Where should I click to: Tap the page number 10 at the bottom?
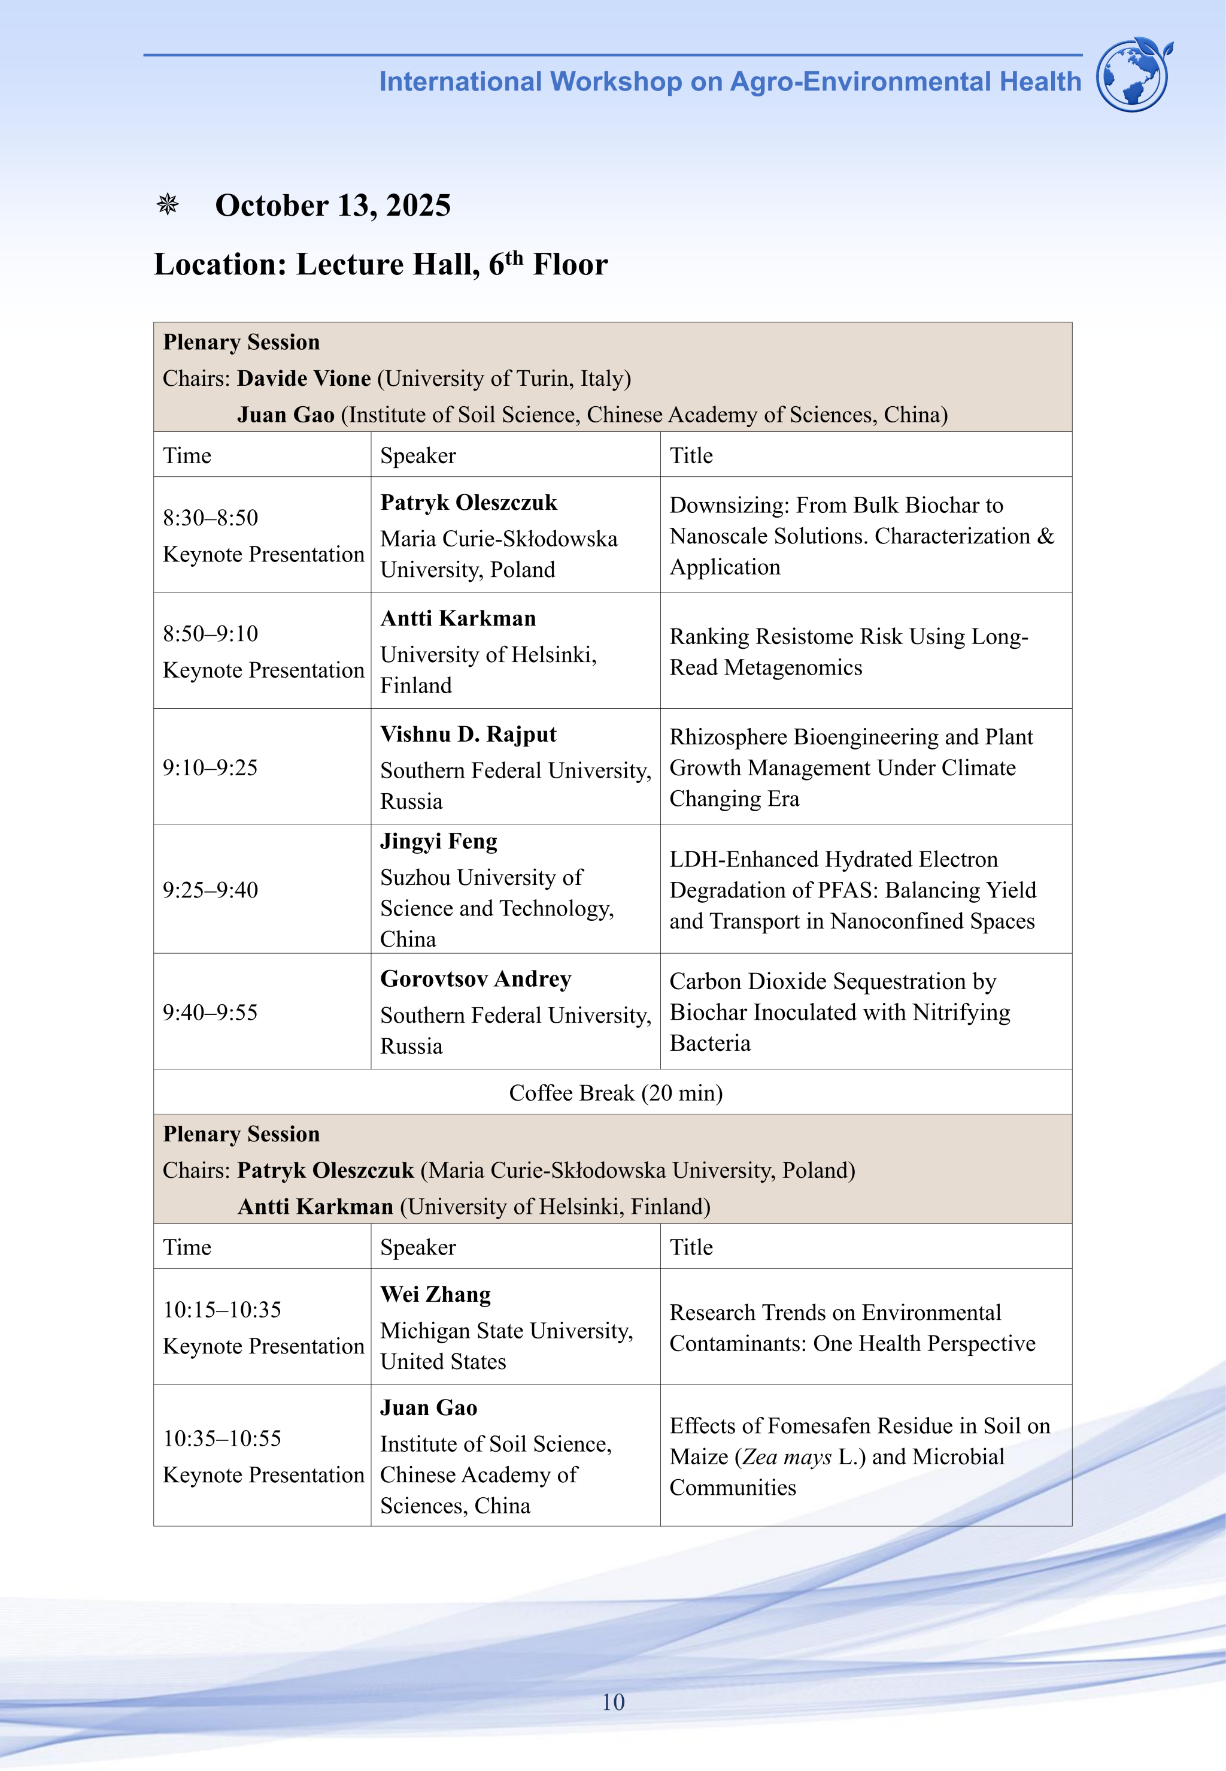click(x=613, y=1702)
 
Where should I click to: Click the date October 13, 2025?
click(x=333, y=205)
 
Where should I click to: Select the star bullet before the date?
click(x=168, y=204)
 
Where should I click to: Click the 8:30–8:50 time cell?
click(x=211, y=517)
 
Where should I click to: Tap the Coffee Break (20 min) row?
click(x=615, y=1092)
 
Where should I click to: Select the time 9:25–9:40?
click(x=211, y=889)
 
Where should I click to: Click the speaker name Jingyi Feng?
click(x=439, y=841)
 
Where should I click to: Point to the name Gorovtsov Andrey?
click(x=475, y=978)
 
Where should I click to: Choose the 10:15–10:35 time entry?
click(x=222, y=1309)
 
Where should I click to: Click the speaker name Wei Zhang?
click(x=436, y=1295)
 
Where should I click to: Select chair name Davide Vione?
click(x=304, y=378)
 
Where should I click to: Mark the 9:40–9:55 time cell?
click(x=211, y=1011)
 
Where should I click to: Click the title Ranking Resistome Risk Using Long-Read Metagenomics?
click(x=848, y=651)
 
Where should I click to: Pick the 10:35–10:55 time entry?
click(x=222, y=1438)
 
